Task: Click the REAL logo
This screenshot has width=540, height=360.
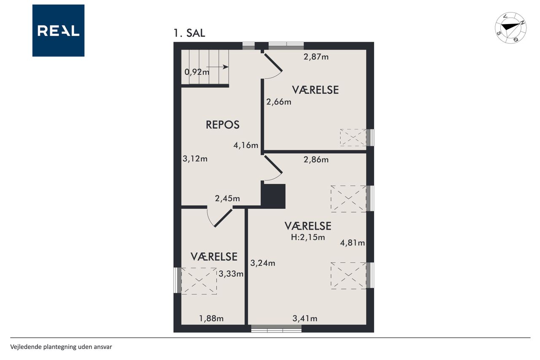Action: pos(58,30)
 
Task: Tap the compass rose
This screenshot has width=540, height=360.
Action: pos(510,28)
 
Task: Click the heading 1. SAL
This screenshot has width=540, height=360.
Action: pos(189,33)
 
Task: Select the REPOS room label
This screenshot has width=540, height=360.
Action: pos(222,125)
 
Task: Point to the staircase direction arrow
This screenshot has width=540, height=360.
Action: pos(217,67)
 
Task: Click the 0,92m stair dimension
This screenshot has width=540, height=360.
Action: pos(197,72)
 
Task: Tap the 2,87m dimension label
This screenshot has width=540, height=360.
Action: pos(316,57)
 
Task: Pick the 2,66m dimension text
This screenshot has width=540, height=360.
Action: pos(279,102)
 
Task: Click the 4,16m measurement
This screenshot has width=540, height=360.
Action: pos(246,145)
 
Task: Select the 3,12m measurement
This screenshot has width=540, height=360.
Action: pos(195,159)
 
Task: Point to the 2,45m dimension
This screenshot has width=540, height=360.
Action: pos(227,198)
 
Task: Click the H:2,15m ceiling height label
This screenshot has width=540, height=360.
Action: pos(308,237)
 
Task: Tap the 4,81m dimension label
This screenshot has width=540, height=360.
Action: pos(352,243)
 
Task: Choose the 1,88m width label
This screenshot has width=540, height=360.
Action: pos(211,319)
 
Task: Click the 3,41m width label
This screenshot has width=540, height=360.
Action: pos(305,319)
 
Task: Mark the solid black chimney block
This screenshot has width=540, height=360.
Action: pos(273,196)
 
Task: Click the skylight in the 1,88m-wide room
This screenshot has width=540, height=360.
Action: pos(199,281)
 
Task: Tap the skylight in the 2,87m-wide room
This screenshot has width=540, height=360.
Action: pos(353,138)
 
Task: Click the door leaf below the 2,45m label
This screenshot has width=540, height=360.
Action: pos(223,218)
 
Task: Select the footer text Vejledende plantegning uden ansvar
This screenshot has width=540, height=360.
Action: pos(61,347)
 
